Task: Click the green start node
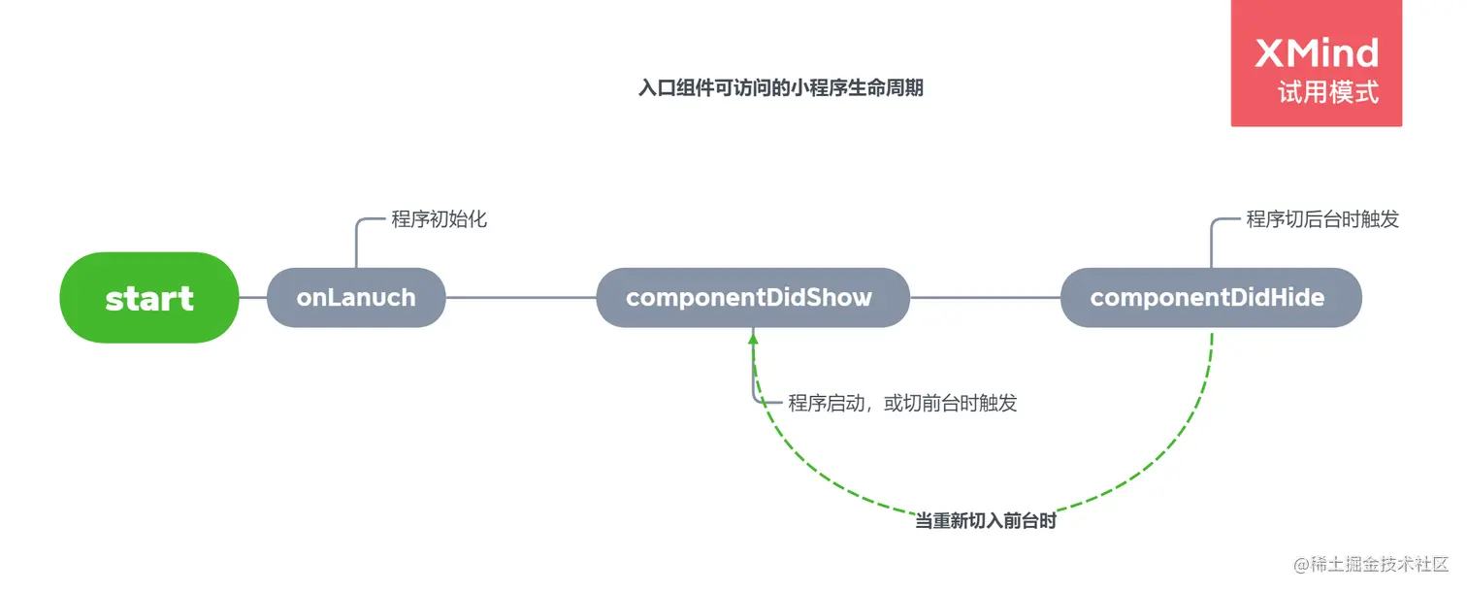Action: (149, 297)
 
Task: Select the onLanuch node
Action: (356, 297)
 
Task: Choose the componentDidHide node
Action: (1208, 297)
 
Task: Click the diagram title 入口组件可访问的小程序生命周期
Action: (780, 88)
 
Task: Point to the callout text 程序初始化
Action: (439, 219)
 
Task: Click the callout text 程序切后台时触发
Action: (1322, 219)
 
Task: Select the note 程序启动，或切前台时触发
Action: (902, 403)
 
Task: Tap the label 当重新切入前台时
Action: (986, 522)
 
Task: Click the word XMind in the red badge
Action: (1317, 53)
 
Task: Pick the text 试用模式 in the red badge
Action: (1328, 92)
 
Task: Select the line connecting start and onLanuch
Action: (252, 297)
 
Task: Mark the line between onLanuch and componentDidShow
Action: (520, 297)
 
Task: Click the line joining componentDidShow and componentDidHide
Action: (985, 297)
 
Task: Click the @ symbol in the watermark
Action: (1302, 565)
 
